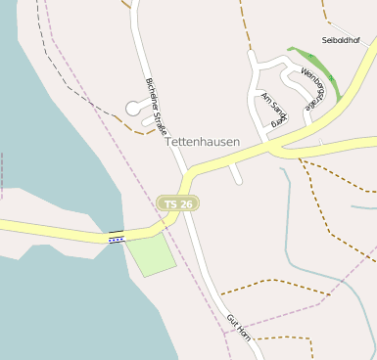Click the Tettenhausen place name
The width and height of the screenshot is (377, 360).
(x=203, y=142)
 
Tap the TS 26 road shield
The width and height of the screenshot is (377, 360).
(x=178, y=203)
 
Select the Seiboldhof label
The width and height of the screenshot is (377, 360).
(x=342, y=40)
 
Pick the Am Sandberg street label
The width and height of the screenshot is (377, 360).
(x=273, y=109)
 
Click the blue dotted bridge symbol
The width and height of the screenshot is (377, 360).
(x=117, y=238)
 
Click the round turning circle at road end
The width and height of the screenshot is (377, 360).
(x=134, y=110)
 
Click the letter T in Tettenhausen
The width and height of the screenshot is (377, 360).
(x=169, y=142)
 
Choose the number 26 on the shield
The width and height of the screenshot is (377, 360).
(x=186, y=203)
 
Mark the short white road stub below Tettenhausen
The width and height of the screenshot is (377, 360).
(x=235, y=174)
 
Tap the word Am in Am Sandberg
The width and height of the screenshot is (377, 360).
(x=265, y=98)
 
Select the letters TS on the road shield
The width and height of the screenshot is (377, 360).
(x=171, y=203)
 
